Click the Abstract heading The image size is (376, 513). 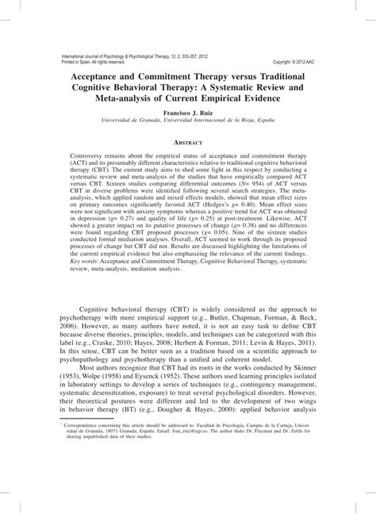tap(188, 142)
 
